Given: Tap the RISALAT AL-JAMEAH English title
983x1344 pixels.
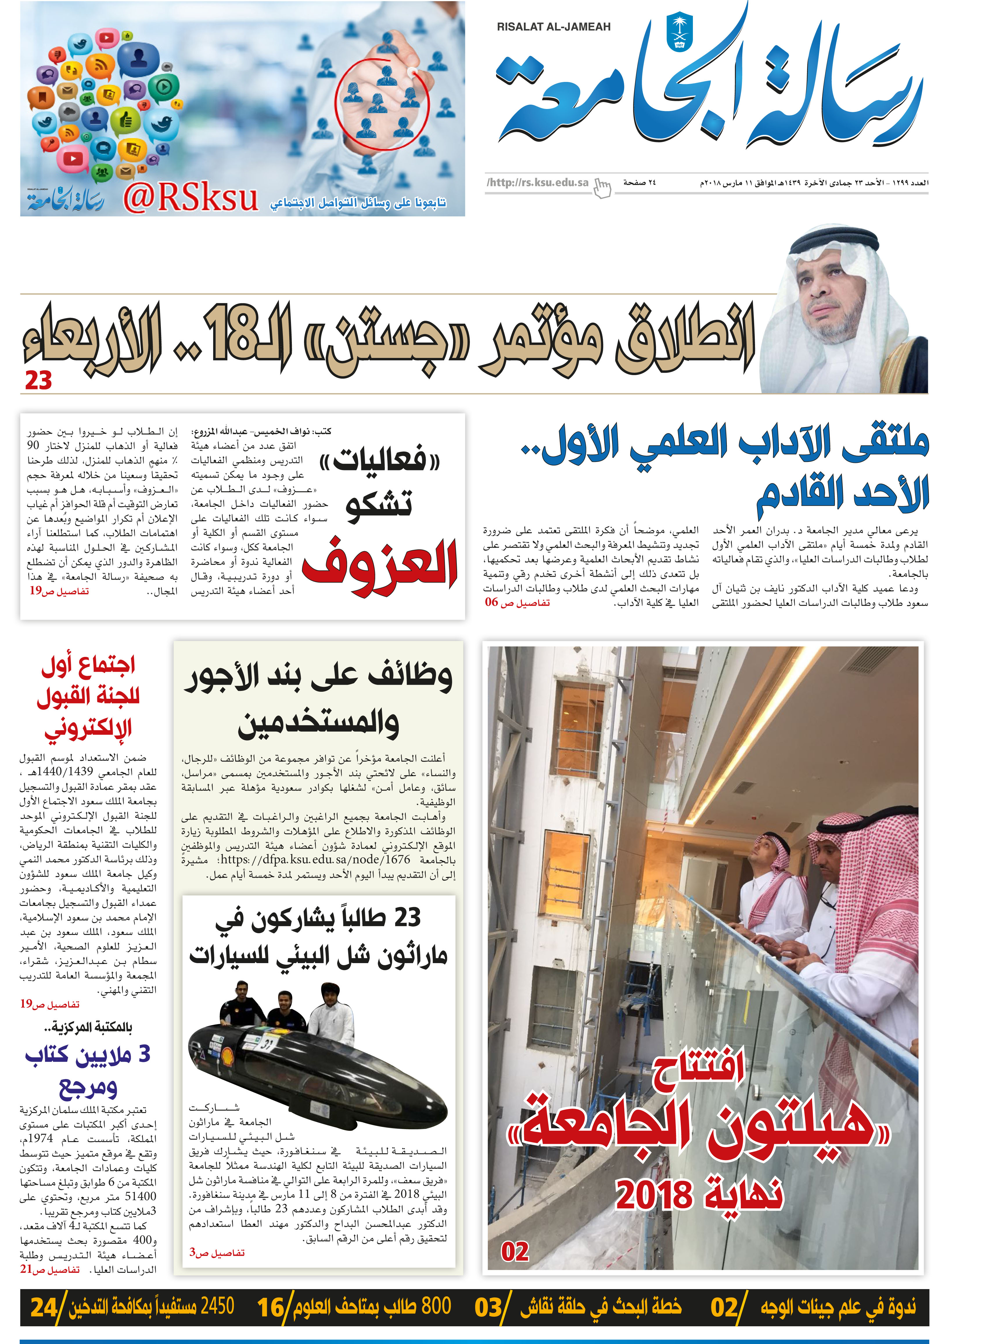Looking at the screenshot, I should (554, 27).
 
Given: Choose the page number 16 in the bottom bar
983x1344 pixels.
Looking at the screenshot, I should (271, 1308).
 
